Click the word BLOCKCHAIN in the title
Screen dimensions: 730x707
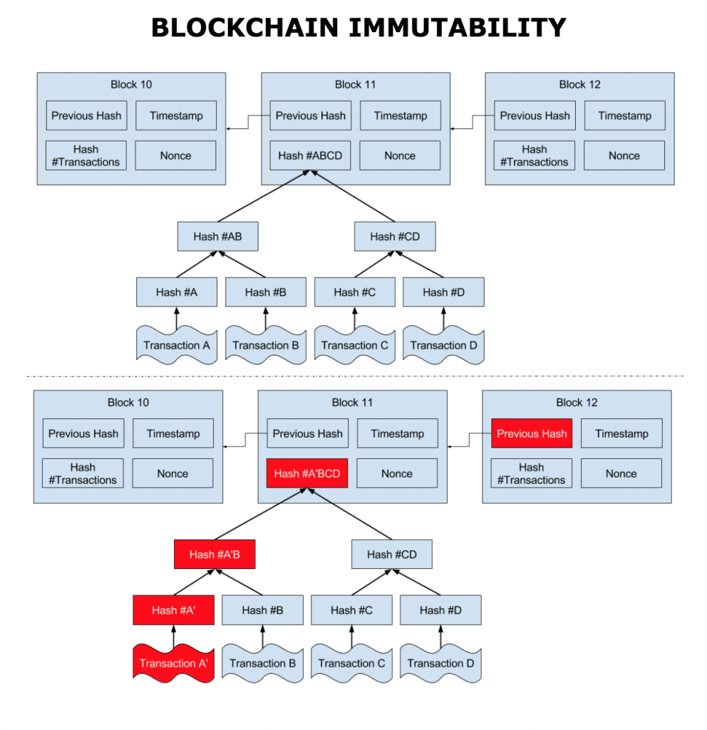click(x=244, y=28)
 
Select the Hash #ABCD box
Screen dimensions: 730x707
click(x=310, y=155)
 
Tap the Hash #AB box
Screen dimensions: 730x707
click(x=217, y=237)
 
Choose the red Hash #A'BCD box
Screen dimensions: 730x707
click(x=307, y=473)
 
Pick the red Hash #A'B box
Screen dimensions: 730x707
click(x=215, y=555)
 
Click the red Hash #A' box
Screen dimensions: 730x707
click(x=173, y=610)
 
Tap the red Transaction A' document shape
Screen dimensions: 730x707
click(x=173, y=663)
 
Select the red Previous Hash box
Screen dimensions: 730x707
click(x=532, y=433)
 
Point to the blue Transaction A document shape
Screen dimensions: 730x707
click(x=177, y=345)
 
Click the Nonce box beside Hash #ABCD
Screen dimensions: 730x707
click(x=400, y=155)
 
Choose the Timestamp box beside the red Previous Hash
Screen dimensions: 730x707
click(x=621, y=433)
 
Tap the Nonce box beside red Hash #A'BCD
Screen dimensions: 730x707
click(x=397, y=473)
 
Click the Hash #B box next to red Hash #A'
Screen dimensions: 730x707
click(x=262, y=610)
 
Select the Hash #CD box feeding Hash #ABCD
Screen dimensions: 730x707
click(x=395, y=237)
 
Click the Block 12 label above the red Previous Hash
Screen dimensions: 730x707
click(x=577, y=402)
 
